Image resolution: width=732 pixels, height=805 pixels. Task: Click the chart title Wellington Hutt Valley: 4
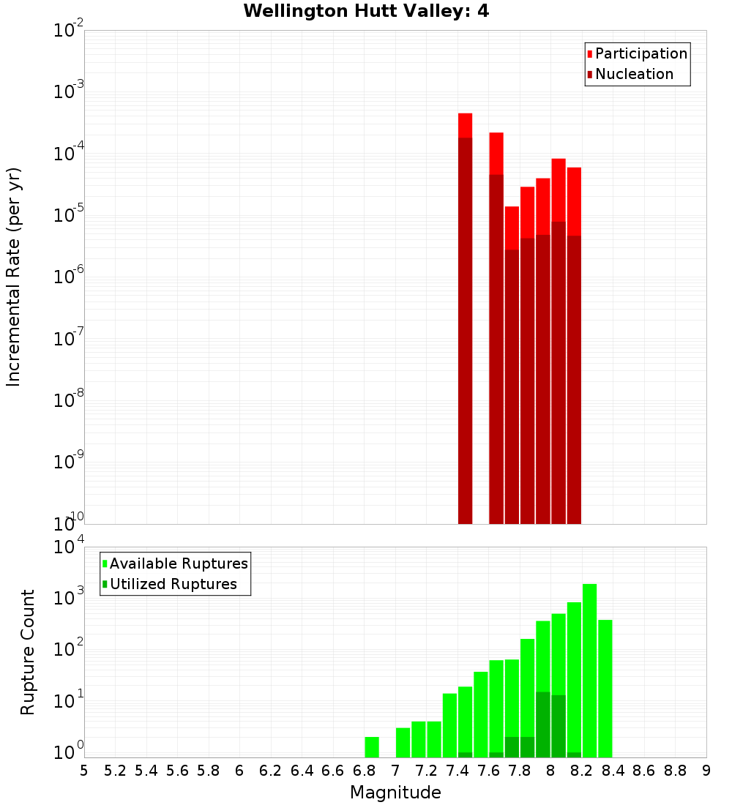(x=366, y=11)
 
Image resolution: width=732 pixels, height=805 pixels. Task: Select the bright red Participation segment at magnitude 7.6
(x=496, y=153)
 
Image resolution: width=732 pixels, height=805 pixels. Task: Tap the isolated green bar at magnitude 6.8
(x=372, y=747)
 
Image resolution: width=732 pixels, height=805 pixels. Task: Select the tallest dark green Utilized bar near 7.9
(x=542, y=724)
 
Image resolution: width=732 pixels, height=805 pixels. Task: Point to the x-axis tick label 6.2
(x=270, y=771)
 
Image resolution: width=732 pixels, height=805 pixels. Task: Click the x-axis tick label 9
(x=706, y=771)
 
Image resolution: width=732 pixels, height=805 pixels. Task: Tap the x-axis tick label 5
(x=84, y=771)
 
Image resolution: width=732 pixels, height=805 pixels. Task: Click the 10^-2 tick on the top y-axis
(x=69, y=31)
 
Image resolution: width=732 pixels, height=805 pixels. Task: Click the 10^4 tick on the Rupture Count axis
(x=69, y=548)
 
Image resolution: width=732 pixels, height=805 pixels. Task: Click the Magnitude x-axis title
(x=395, y=793)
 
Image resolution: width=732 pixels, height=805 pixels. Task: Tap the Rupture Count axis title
(x=28, y=651)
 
